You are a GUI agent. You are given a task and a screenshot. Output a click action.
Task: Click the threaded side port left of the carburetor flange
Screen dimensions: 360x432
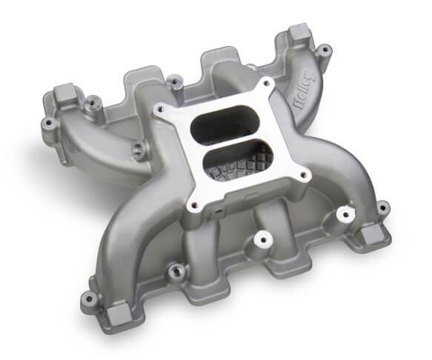138,150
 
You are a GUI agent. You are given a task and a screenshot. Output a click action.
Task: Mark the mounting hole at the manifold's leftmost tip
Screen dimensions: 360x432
49,121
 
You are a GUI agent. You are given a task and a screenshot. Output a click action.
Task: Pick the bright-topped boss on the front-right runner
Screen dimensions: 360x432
343,213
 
